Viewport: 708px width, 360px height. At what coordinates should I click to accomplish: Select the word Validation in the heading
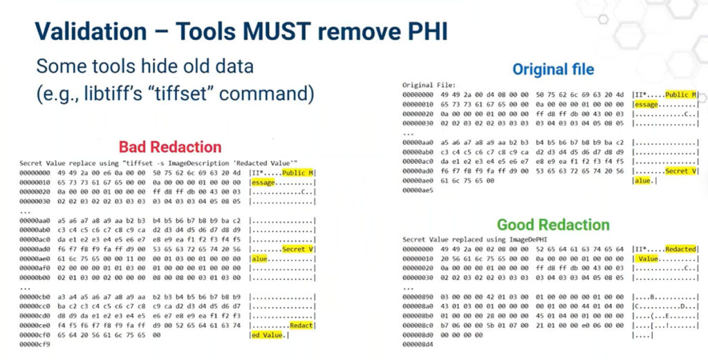coord(90,31)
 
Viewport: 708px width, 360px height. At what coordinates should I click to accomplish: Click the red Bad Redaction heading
coord(170,146)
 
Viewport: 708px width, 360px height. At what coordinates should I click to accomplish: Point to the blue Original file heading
coord(553,69)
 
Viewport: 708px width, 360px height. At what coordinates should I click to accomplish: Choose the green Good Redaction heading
coord(553,225)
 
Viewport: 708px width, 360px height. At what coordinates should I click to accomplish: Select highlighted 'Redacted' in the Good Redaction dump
coord(680,249)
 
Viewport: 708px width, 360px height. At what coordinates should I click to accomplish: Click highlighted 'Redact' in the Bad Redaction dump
coord(301,325)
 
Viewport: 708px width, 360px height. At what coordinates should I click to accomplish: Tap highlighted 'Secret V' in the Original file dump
coord(680,171)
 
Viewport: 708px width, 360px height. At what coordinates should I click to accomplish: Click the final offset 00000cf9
coord(36,344)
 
